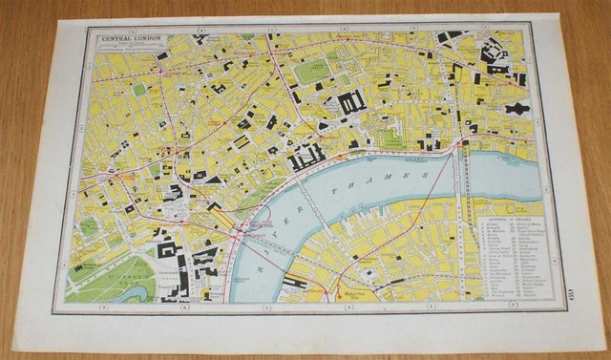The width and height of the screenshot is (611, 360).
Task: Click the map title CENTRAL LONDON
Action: point(132,39)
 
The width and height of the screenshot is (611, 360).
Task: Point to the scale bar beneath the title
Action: point(133,49)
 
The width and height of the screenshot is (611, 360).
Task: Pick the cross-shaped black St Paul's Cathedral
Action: point(516,109)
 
